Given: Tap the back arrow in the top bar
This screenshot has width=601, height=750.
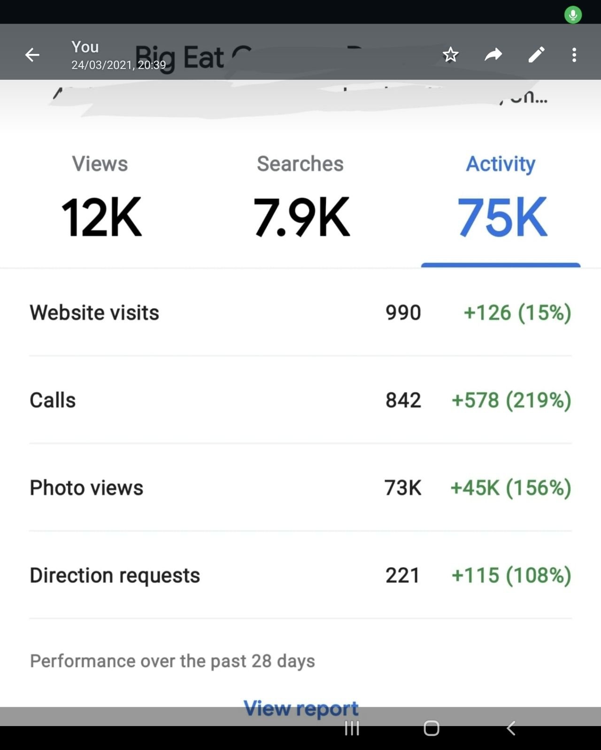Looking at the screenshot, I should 32,55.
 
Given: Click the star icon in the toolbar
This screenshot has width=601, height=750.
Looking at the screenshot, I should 450,55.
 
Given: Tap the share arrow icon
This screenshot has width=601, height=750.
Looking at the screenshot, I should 493,55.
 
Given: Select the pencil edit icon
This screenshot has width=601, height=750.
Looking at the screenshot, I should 536,55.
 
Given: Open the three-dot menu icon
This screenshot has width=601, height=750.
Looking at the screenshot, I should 574,55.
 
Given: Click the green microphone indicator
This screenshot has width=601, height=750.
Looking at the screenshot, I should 573,15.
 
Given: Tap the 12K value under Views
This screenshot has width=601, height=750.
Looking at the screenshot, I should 101,217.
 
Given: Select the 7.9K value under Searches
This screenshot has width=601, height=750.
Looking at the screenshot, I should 301,217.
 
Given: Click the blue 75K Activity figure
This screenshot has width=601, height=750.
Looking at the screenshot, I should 501,217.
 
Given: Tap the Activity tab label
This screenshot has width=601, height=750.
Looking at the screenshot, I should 501,164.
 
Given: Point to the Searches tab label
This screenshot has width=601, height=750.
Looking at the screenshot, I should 300,164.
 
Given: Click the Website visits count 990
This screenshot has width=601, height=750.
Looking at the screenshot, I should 403,312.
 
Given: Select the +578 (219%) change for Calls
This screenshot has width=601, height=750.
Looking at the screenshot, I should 511,400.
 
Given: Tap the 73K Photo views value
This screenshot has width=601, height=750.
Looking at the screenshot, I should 402,488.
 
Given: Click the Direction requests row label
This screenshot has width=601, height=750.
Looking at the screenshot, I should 115,575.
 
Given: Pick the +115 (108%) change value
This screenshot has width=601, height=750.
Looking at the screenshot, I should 511,575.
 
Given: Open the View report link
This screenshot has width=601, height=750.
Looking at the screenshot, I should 300,708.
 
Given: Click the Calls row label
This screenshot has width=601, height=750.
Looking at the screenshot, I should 53,400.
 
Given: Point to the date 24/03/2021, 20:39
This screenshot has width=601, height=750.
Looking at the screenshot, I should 118,65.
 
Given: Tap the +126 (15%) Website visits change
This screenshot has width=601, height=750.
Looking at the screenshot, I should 517,312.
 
